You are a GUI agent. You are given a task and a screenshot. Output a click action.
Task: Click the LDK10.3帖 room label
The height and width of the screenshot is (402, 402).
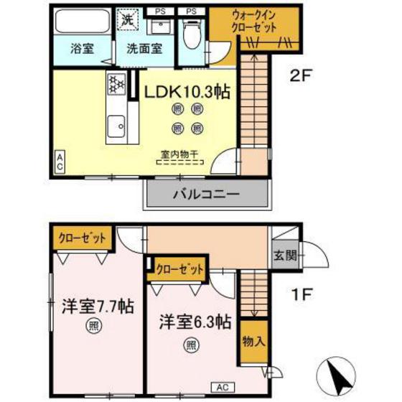pyautogui.click(x=188, y=93)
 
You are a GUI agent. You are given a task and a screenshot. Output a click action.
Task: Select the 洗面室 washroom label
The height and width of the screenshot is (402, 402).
pyautogui.click(x=144, y=50)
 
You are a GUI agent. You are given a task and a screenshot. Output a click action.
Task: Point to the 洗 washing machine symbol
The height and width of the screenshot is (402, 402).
pyautogui.click(x=127, y=19)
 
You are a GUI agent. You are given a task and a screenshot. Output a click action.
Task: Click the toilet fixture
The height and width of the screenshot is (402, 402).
pyautogui.click(x=192, y=32)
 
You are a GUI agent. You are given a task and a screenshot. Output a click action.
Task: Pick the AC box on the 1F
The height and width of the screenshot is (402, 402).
pyautogui.click(x=221, y=385)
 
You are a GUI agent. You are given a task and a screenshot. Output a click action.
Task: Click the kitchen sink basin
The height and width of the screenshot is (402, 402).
pyautogui.click(x=116, y=129)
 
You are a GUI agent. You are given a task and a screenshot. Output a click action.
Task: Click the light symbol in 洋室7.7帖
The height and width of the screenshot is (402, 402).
pyautogui.click(x=93, y=327)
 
